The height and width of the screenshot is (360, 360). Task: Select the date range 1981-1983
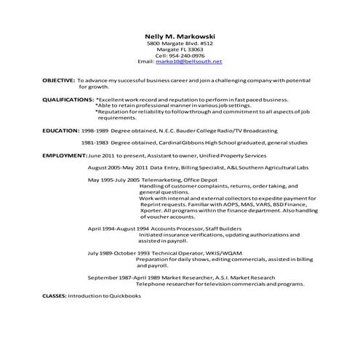[x=95, y=143]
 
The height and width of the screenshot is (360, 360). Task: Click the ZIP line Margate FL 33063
[x=180, y=49]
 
